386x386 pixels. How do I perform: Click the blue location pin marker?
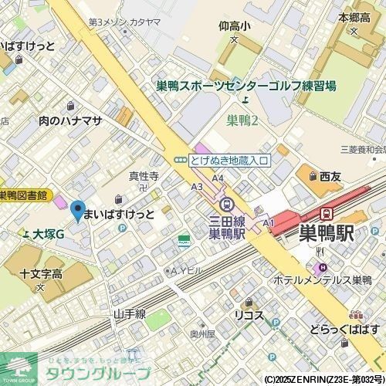click(x=77, y=209)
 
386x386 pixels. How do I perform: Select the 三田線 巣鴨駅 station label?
click(x=227, y=226)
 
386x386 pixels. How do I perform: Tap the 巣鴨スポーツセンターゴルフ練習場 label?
click(x=245, y=86)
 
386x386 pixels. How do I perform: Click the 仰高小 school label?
click(x=233, y=26)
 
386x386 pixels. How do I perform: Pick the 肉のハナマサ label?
click(x=70, y=120)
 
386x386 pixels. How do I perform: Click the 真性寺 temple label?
click(x=144, y=176)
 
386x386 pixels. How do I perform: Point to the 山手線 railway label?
click(x=130, y=314)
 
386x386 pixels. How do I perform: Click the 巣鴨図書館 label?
click(x=22, y=195)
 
